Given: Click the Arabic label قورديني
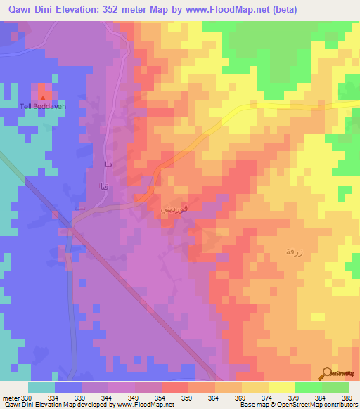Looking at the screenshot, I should click(x=175, y=209).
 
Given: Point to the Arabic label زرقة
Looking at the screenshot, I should click(x=292, y=251).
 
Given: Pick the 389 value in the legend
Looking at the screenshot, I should click(x=346, y=398).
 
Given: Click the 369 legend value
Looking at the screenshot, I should click(x=239, y=398).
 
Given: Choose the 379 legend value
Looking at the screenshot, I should click(x=292, y=398).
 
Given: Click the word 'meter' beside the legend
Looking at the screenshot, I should click(x=11, y=398).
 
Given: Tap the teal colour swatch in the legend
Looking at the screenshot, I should click(x=41, y=387).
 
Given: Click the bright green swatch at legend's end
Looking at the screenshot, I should click(x=335, y=387).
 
